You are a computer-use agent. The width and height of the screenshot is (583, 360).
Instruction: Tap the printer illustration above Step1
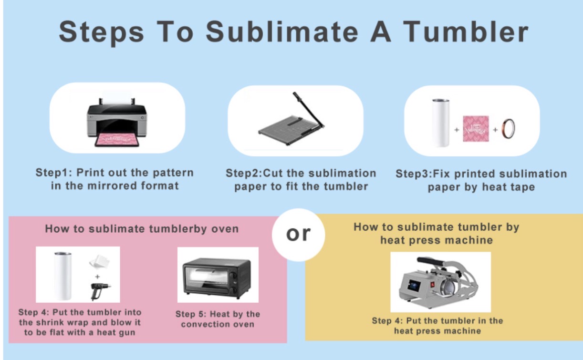click(x=116, y=122)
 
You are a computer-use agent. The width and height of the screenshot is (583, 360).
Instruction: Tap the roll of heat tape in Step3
click(x=508, y=129)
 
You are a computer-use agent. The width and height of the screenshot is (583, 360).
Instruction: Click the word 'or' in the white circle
click(x=298, y=234)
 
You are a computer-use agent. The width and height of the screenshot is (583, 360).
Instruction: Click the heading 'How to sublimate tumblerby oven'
click(x=142, y=229)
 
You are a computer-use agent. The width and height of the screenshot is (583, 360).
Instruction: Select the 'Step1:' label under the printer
click(x=53, y=173)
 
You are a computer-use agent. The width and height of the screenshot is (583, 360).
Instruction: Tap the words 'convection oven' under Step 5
click(x=218, y=325)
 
